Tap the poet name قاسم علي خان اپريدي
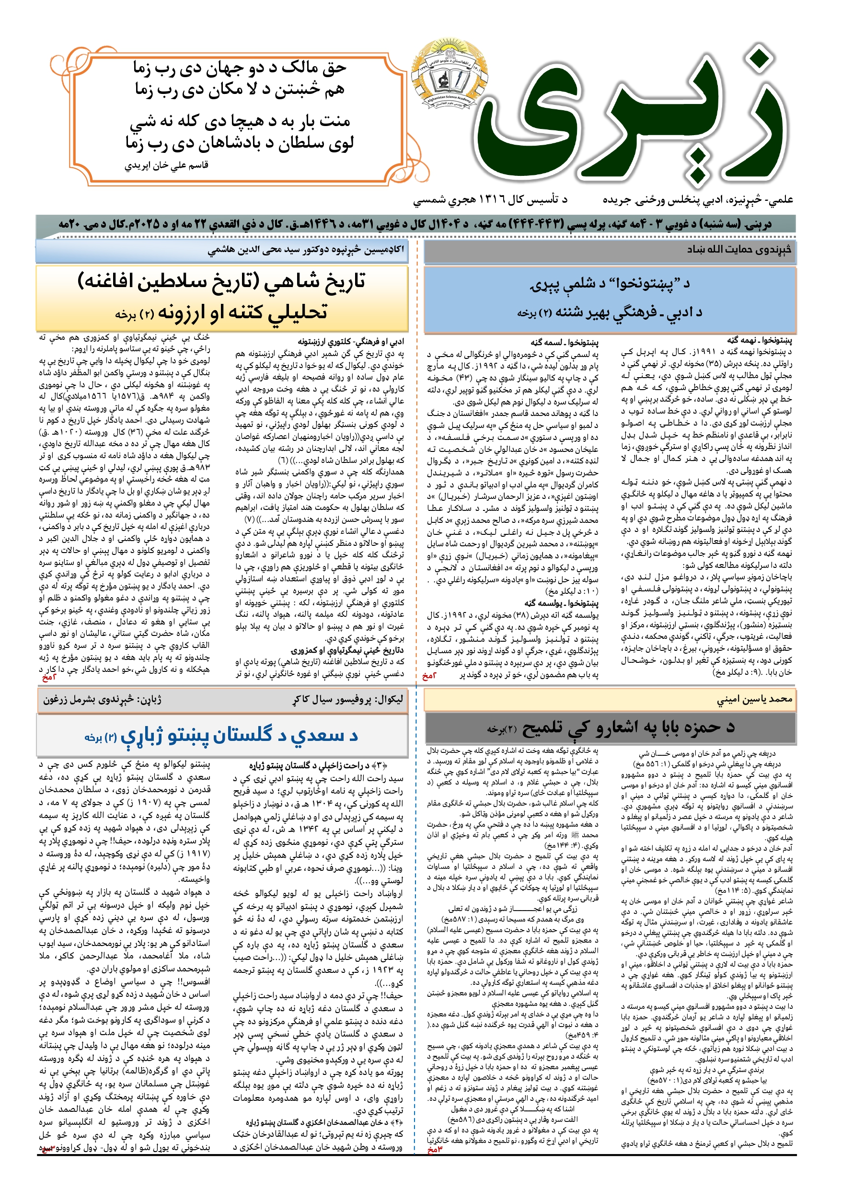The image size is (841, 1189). click(167, 166)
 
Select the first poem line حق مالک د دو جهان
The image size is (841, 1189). click(239, 68)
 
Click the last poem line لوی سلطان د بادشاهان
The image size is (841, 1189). click(239, 143)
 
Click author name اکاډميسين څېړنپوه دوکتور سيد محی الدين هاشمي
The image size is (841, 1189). click(306, 251)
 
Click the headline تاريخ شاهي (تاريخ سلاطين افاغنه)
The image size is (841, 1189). click(222, 281)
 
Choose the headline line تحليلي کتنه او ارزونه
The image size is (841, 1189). click(222, 312)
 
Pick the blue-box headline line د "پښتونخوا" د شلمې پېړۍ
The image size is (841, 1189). click(610, 284)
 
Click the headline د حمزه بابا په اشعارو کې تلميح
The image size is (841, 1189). click(611, 727)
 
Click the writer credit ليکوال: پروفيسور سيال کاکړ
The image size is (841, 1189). click(347, 699)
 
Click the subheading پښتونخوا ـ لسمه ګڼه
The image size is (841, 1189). click(564, 342)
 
